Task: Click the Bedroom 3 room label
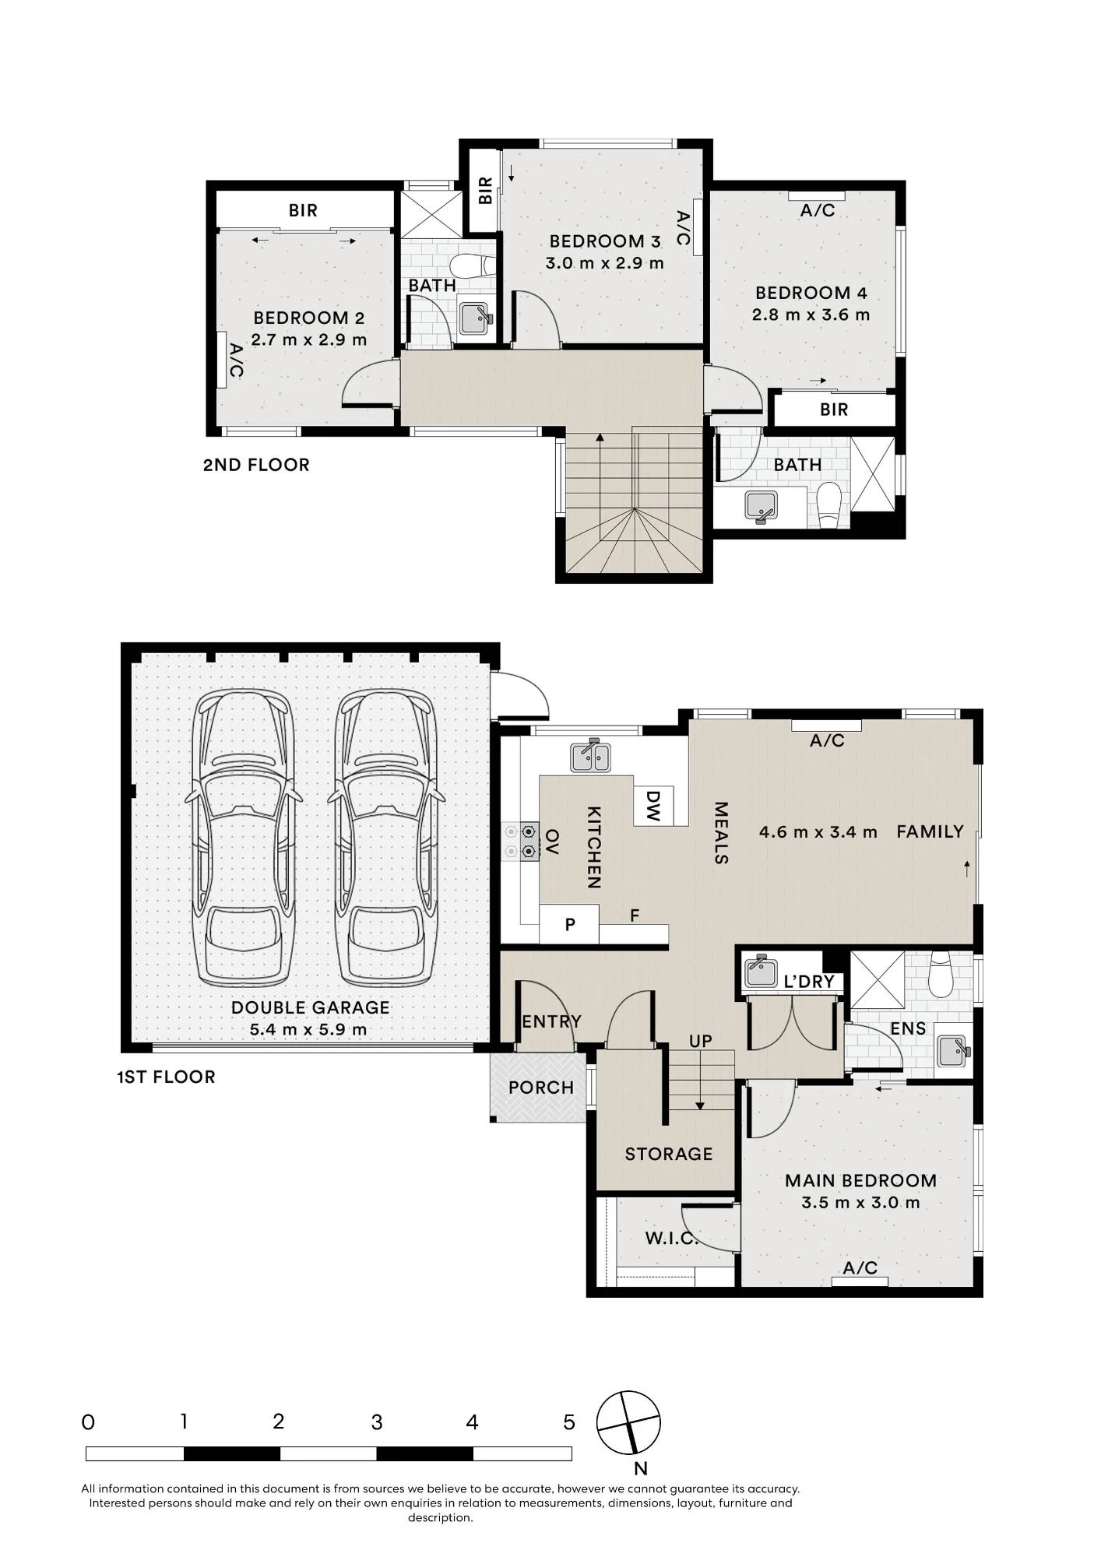(605, 241)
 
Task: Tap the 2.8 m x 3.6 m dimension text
(811, 315)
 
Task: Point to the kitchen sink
(591, 755)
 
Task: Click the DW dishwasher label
(653, 806)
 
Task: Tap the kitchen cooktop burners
(520, 842)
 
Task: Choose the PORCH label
(541, 1088)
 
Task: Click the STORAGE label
(669, 1154)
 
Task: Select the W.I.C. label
(671, 1238)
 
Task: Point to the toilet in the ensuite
(941, 975)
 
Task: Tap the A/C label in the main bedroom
(860, 1268)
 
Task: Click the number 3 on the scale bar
(377, 1423)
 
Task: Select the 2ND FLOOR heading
(256, 465)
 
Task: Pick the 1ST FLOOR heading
(166, 1077)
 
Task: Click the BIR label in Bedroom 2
(303, 210)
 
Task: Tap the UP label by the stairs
(701, 1041)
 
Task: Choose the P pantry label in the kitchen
(570, 925)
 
